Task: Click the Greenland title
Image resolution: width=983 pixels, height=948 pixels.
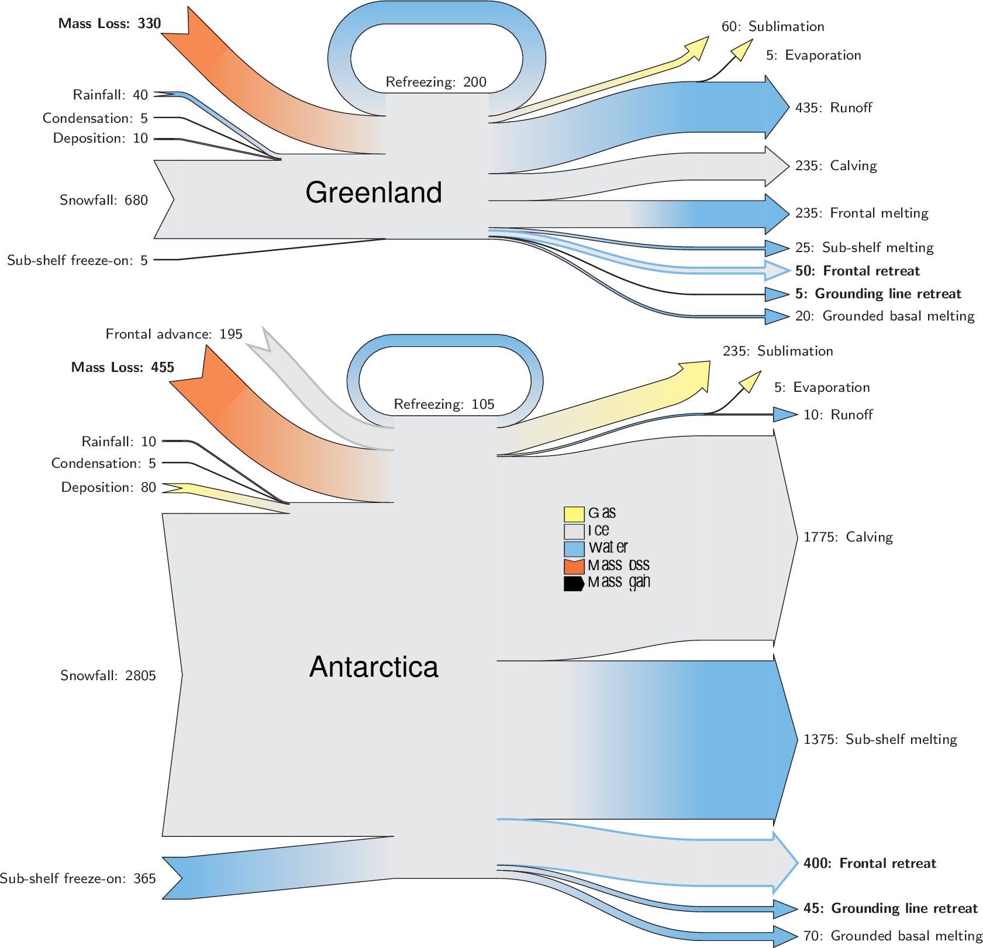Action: click(x=373, y=192)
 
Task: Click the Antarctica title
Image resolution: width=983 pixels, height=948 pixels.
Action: click(x=373, y=667)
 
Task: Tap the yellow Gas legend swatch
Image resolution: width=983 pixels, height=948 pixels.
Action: click(x=574, y=514)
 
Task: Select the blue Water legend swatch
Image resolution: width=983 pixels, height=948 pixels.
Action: click(x=574, y=549)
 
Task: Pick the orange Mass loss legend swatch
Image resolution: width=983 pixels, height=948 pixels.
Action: click(x=574, y=566)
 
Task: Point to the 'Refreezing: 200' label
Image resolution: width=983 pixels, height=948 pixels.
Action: click(x=436, y=82)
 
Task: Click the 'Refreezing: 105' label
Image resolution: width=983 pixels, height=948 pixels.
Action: click(x=444, y=404)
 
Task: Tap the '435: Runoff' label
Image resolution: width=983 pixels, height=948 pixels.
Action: click(x=833, y=108)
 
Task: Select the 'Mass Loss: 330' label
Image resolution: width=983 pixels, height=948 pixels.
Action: click(x=109, y=23)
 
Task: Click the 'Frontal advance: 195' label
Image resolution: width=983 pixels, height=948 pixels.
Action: click(x=174, y=334)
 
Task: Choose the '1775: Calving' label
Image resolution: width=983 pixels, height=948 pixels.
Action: click(x=848, y=537)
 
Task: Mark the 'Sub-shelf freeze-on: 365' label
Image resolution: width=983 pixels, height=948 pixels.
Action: click(x=78, y=878)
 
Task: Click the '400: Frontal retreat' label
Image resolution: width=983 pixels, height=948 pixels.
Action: click(x=870, y=863)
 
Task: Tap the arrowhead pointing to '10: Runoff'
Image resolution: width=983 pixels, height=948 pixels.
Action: click(x=785, y=415)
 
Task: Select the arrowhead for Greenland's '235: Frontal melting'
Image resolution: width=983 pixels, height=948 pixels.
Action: click(x=777, y=214)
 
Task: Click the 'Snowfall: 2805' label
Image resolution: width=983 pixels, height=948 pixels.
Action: click(x=108, y=675)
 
